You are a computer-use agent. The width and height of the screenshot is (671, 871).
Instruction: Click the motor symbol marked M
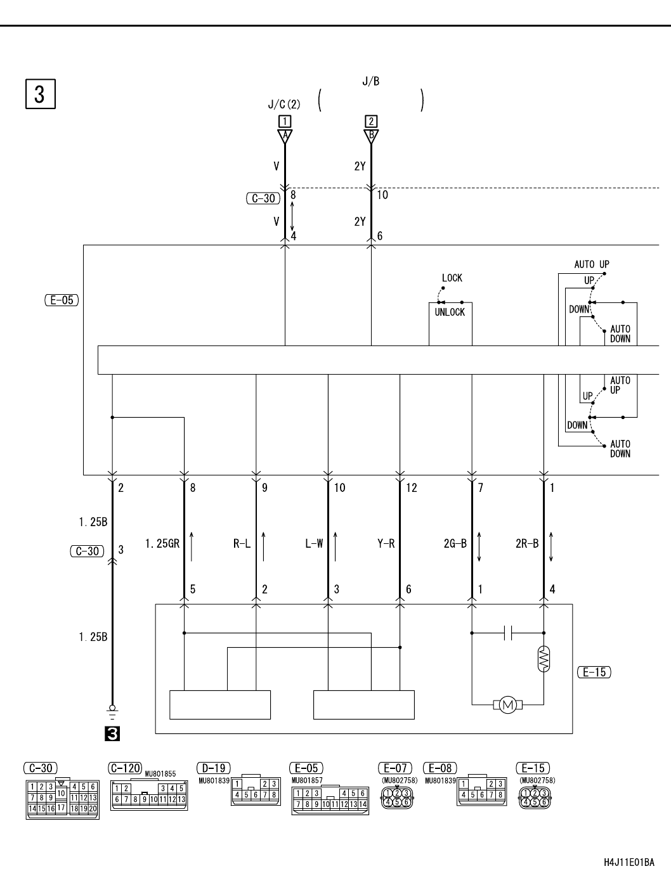pyautogui.click(x=507, y=705)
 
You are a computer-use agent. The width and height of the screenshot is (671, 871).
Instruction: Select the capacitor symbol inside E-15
pyautogui.click(x=508, y=633)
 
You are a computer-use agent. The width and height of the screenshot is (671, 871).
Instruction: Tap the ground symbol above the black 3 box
pyautogui.click(x=112, y=713)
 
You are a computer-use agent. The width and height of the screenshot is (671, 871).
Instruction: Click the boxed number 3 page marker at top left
pyautogui.click(x=41, y=94)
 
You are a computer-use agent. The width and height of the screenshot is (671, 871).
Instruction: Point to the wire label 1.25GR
pyautogui.click(x=162, y=543)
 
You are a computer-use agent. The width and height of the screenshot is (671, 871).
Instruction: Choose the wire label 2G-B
pyautogui.click(x=455, y=543)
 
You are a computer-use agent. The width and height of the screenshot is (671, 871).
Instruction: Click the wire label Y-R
pyautogui.click(x=386, y=543)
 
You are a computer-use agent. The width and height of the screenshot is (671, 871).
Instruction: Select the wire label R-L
pyautogui.click(x=242, y=543)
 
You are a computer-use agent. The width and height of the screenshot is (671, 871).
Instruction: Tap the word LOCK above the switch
pyautogui.click(x=452, y=278)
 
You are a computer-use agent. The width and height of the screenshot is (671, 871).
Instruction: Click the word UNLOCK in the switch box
pyautogui.click(x=450, y=313)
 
